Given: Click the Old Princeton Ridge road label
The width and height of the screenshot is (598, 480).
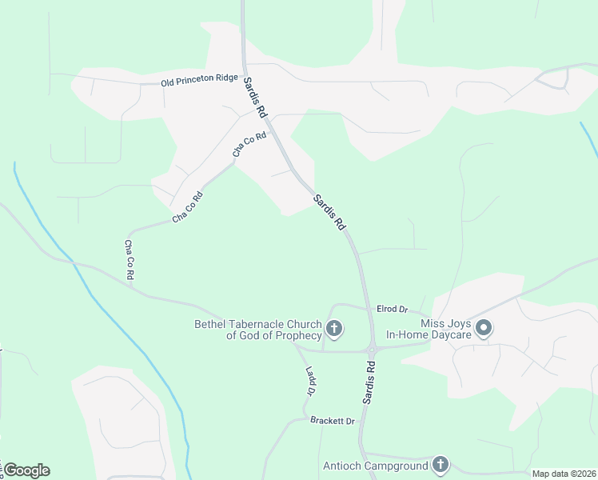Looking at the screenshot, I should point(200,82).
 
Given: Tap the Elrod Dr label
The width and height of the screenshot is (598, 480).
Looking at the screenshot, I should point(393,309).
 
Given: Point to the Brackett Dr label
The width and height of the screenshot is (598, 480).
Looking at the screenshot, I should point(333,421).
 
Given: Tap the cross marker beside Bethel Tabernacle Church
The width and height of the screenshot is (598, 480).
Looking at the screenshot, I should point(334,328).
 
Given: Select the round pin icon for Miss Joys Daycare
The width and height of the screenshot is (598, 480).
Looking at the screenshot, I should point(484,328).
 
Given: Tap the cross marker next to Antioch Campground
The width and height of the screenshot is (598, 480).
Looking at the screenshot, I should point(440,464).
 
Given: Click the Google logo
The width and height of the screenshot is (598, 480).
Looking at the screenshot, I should point(26,470).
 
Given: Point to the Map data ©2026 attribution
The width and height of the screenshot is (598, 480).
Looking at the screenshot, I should point(564,474).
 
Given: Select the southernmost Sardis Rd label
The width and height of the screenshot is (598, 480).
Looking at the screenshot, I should point(369,381).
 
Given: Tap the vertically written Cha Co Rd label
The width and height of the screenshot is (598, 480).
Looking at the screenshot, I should point(129,259).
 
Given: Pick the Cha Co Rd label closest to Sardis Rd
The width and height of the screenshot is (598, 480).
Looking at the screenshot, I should point(249,144).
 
